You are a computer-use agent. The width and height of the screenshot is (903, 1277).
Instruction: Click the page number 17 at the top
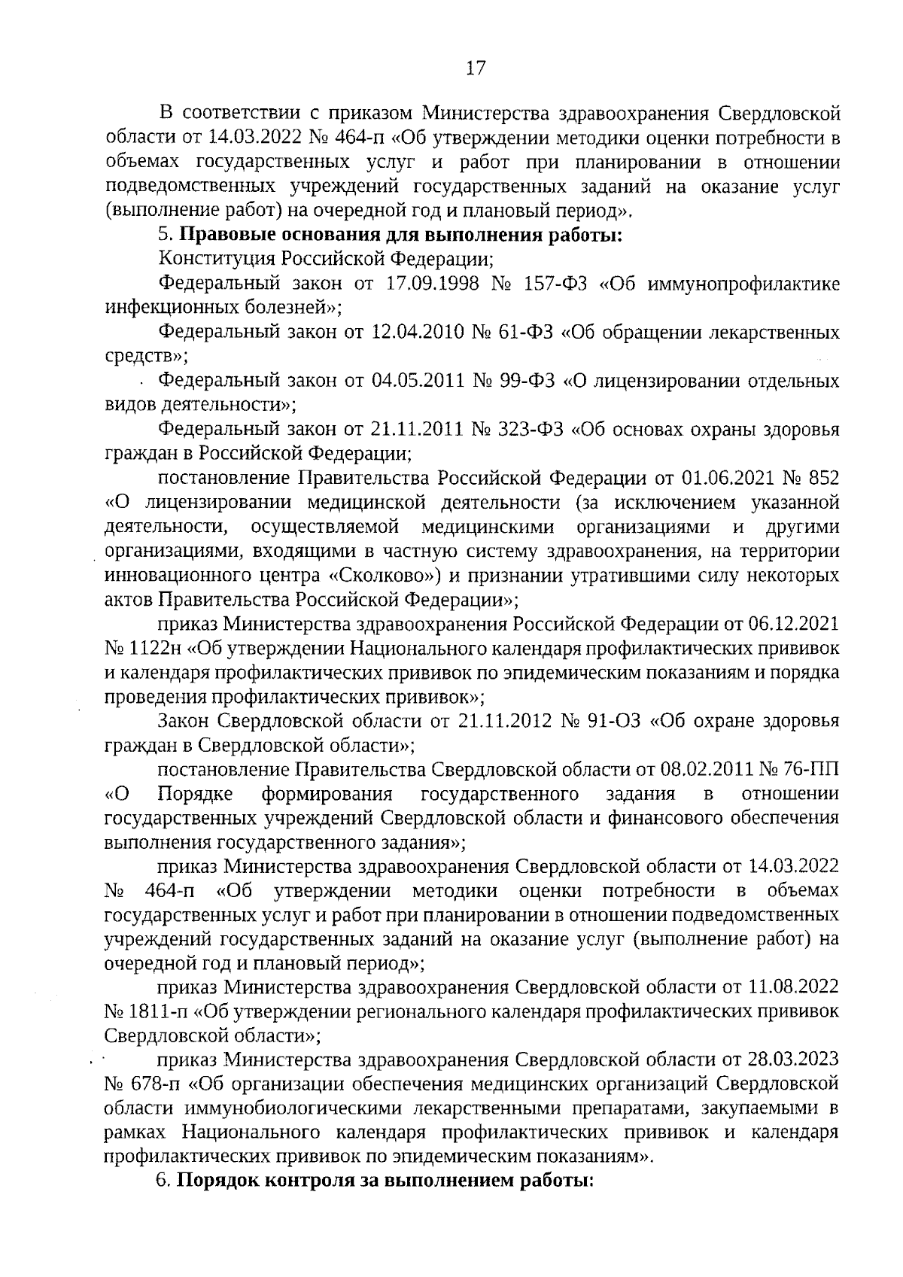tap(476, 68)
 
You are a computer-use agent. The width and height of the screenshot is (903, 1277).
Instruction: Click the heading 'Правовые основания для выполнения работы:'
tap(403, 235)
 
